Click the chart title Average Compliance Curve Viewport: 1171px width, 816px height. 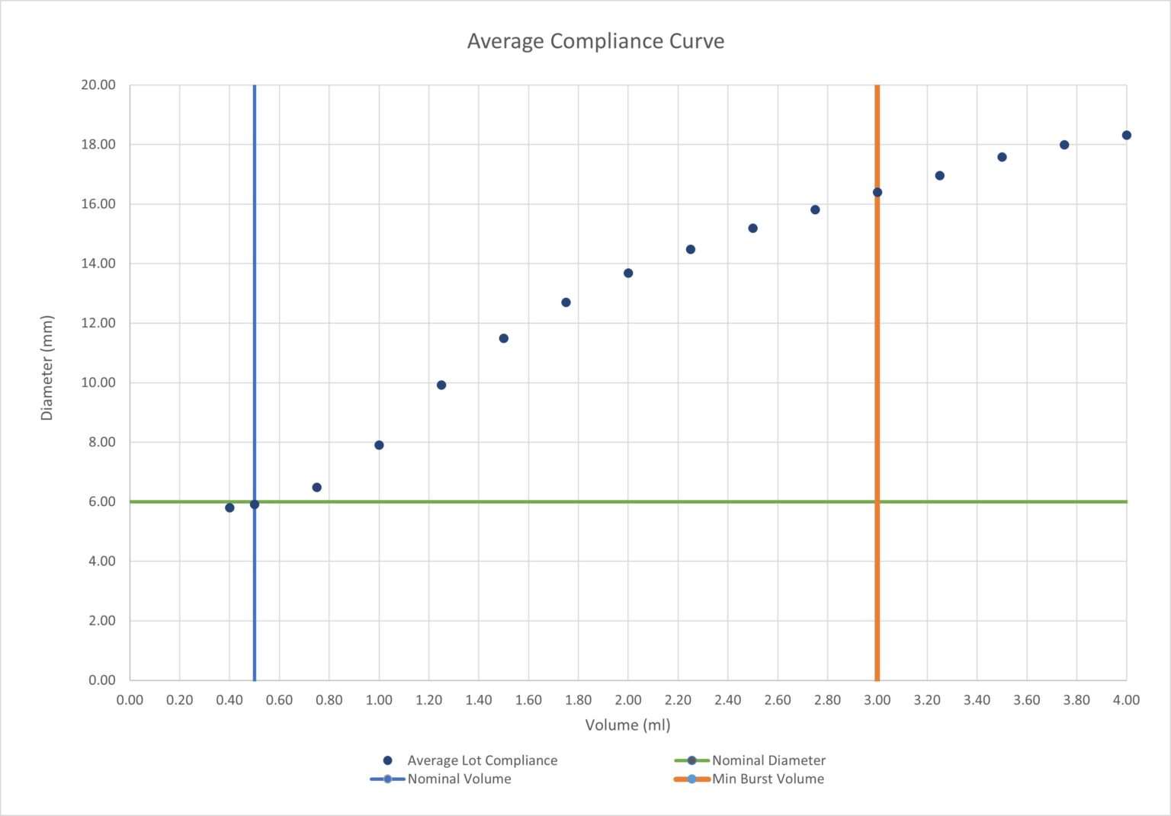(595, 41)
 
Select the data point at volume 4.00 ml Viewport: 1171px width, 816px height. (1126, 136)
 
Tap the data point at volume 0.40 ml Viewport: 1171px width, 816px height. (229, 507)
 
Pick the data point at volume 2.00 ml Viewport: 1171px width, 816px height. (628, 273)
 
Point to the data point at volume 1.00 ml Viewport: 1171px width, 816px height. (379, 445)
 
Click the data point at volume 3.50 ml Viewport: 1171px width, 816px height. (1002, 157)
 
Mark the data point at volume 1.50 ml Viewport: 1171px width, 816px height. (503, 338)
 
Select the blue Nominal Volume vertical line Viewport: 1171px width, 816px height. (255, 305)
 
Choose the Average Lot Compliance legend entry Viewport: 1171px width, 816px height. (482, 760)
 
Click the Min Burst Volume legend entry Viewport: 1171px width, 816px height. (768, 779)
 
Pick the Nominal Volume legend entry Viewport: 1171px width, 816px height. (459, 779)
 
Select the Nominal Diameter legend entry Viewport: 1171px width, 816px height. (768, 760)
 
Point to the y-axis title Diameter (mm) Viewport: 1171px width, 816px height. (47, 367)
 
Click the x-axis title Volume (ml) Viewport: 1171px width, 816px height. (627, 725)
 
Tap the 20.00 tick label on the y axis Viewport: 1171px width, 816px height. (98, 85)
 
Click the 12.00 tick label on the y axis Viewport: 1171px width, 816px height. (98, 323)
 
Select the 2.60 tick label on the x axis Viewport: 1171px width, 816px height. (778, 700)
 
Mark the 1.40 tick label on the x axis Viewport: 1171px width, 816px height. (479, 700)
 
